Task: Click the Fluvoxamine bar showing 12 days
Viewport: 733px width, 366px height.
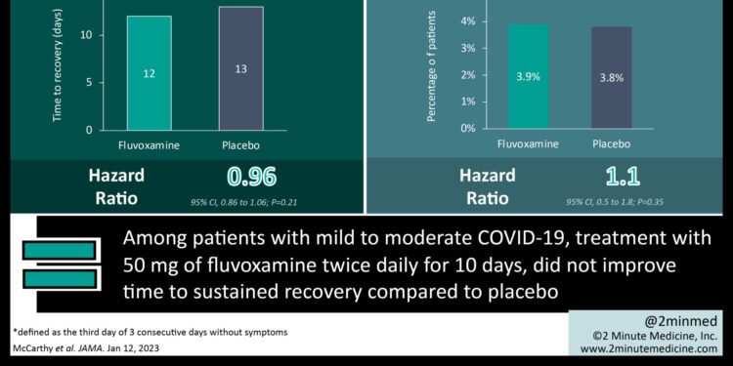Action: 148,73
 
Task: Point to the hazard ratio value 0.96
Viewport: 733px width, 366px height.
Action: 251,177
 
